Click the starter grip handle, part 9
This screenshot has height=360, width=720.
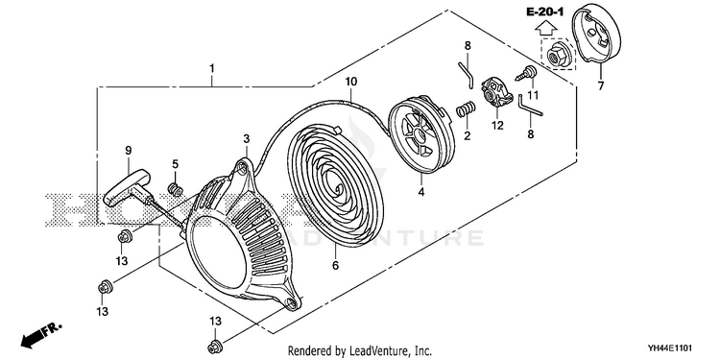(x=127, y=188)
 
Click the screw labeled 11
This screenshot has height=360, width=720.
(x=527, y=74)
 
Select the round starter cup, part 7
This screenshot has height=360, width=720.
(x=596, y=36)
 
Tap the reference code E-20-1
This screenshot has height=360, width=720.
(x=544, y=12)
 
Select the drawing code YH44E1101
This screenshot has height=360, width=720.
(x=670, y=348)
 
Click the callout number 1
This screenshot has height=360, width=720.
(x=212, y=68)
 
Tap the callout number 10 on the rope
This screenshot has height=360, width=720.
(x=350, y=82)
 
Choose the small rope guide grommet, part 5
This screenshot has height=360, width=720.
(x=175, y=188)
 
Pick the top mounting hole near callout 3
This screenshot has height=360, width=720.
(x=243, y=170)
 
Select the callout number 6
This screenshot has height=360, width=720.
(x=335, y=265)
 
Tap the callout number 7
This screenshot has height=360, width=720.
(x=601, y=85)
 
